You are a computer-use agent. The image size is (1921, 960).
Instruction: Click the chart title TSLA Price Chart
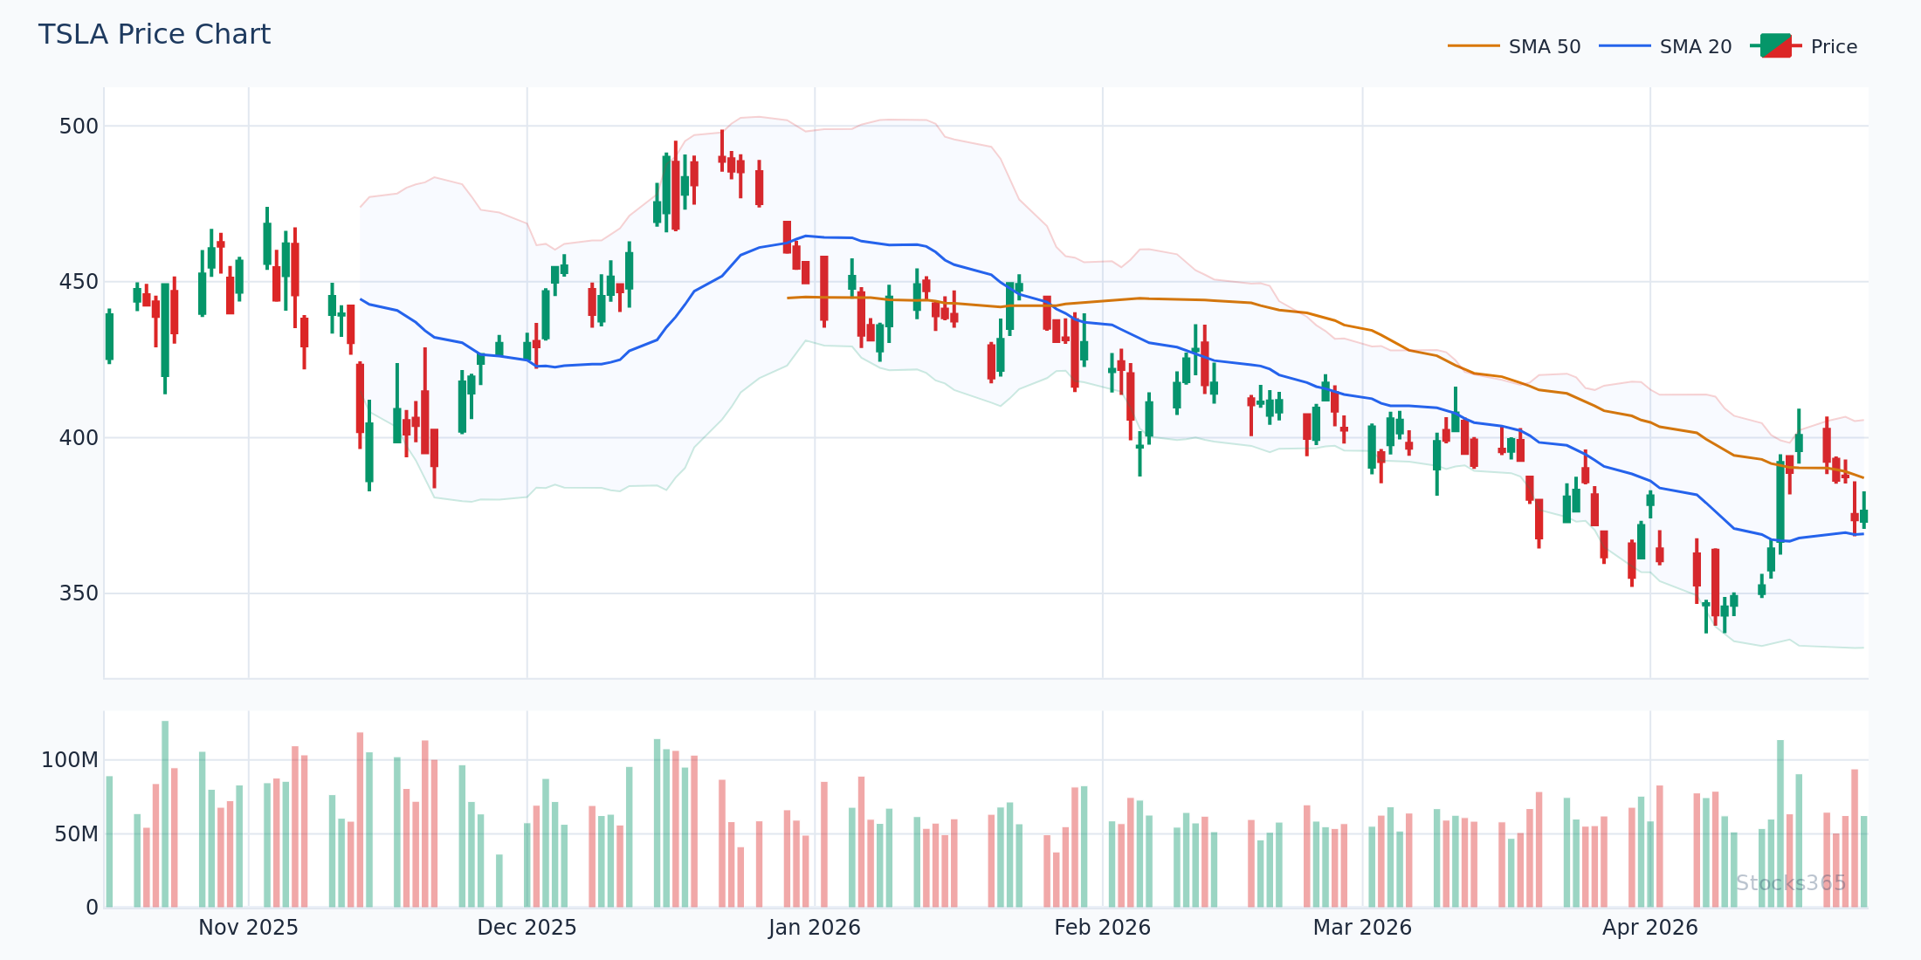click(x=155, y=35)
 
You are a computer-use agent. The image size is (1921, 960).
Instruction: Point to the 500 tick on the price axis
click(x=79, y=127)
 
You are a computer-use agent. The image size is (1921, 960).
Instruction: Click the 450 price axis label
click(x=79, y=282)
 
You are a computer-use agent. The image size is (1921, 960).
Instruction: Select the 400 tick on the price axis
click(x=79, y=437)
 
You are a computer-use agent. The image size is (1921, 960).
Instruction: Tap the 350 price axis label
click(x=79, y=593)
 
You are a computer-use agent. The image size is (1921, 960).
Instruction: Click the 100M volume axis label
click(x=70, y=760)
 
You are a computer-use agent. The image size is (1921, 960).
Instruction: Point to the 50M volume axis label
click(x=76, y=834)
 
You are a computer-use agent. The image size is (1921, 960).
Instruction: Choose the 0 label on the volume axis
click(x=92, y=908)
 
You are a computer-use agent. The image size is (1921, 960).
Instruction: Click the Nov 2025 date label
click(x=248, y=928)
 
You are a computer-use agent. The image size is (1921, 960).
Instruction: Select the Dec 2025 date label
click(x=527, y=928)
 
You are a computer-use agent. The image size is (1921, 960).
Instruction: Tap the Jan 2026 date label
click(x=815, y=928)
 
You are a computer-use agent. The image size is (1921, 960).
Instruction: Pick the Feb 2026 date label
click(x=1102, y=928)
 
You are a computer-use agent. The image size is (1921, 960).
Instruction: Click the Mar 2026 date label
click(x=1362, y=928)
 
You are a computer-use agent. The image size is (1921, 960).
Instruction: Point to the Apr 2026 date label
click(x=1649, y=928)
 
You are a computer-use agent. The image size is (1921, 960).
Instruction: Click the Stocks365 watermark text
click(x=1791, y=883)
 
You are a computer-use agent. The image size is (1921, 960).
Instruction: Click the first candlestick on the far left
click(x=109, y=336)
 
